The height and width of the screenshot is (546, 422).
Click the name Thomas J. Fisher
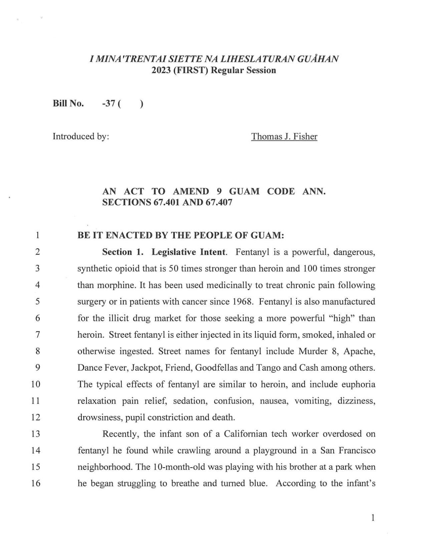click(284, 137)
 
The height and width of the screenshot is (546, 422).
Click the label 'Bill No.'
click(68, 104)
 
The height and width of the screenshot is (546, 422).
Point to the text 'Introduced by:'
click(81, 137)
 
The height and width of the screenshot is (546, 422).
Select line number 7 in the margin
click(37, 335)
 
